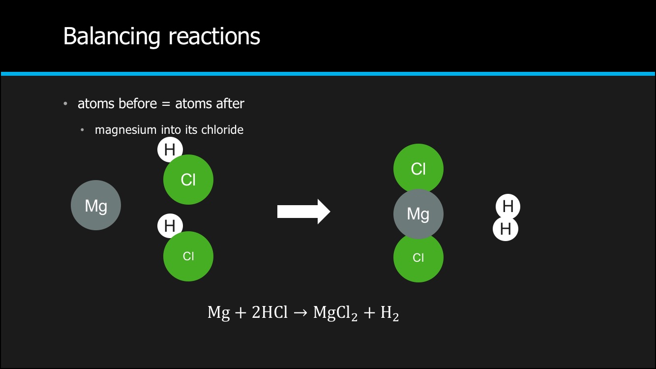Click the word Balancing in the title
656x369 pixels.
coord(112,36)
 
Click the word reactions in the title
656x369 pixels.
coord(214,36)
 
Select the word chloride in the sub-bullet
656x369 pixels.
coord(222,129)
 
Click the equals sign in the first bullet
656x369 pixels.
coord(166,104)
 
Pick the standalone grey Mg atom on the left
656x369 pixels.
coord(96,205)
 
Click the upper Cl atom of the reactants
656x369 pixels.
coord(188,180)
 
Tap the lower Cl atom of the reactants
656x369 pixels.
coord(188,256)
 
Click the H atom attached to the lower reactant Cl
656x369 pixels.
coord(170,225)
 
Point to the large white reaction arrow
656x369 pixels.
coord(304,212)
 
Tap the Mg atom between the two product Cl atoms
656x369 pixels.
coord(418,214)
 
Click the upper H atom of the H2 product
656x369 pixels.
coord(508,206)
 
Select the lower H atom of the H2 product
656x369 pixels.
coord(506,229)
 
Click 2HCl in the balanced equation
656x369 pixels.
coord(269,312)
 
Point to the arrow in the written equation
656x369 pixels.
coord(300,313)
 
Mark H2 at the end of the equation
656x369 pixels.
coord(389,313)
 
